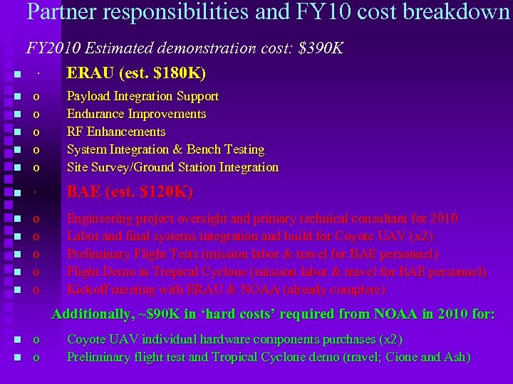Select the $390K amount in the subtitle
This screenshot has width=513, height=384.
(321, 48)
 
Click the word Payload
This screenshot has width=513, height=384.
(88, 96)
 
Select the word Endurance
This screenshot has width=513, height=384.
(95, 114)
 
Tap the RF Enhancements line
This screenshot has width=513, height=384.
(116, 132)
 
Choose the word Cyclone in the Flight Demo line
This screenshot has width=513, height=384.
(229, 272)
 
